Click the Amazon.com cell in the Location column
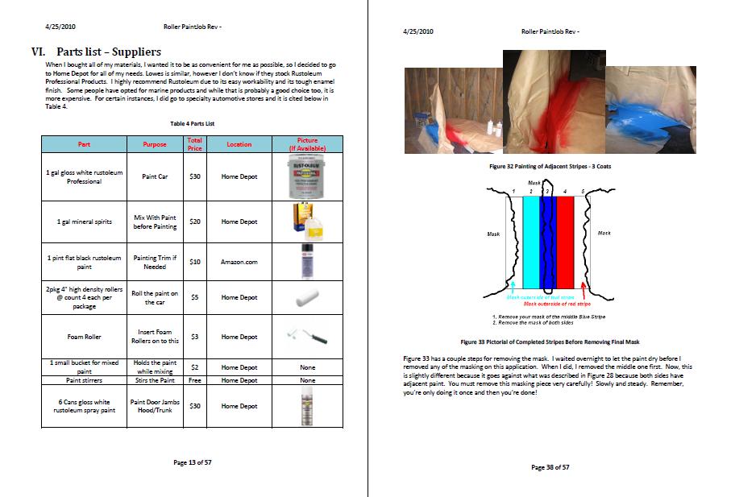pos(239,262)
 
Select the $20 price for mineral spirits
pos(194,222)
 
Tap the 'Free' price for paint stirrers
pos(194,380)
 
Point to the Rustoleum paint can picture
pos(307,177)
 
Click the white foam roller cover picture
pos(307,297)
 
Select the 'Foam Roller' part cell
pos(84,337)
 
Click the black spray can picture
pos(307,261)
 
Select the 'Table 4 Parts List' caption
pos(192,123)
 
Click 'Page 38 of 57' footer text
pos(550,467)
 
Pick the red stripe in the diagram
pos(565,242)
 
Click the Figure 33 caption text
pos(550,342)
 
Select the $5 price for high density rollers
pos(194,297)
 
